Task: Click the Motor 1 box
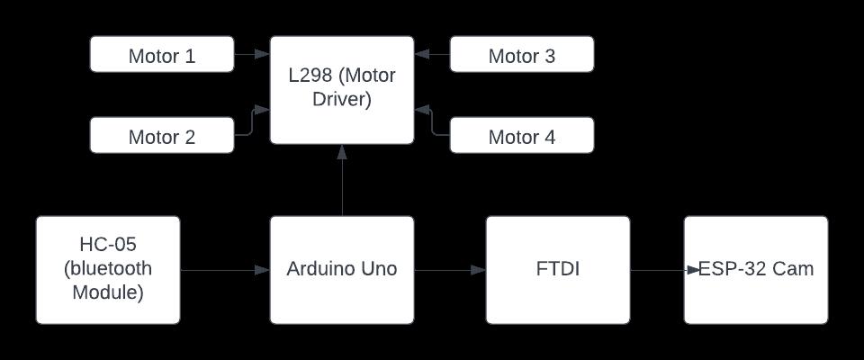coord(162,55)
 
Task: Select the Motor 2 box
coord(162,136)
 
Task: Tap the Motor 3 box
coord(522,55)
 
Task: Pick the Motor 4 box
coord(522,136)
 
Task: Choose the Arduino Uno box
coord(342,269)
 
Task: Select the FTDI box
coord(558,269)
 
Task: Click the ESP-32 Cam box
coord(756,269)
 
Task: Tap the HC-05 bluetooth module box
coord(108,269)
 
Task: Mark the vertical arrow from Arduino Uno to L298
coord(342,180)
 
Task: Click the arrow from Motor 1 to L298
coord(252,55)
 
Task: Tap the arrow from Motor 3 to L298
coord(432,55)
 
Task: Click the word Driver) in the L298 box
coord(342,100)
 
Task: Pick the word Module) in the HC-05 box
coord(108,292)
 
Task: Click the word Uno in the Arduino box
coord(378,269)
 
